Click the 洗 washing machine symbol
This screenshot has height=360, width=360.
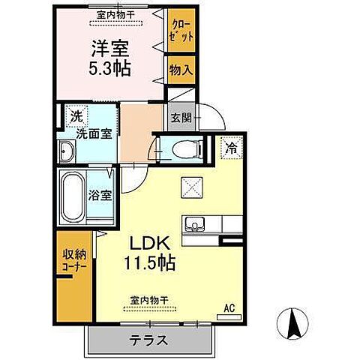coord(76,116)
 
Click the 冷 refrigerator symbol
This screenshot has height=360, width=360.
coord(232,148)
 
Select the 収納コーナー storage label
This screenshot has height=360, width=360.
coord(74,259)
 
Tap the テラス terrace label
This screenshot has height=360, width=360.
coord(148,339)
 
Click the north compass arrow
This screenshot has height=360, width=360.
coord(292,326)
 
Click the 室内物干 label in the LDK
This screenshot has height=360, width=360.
coord(147,299)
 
